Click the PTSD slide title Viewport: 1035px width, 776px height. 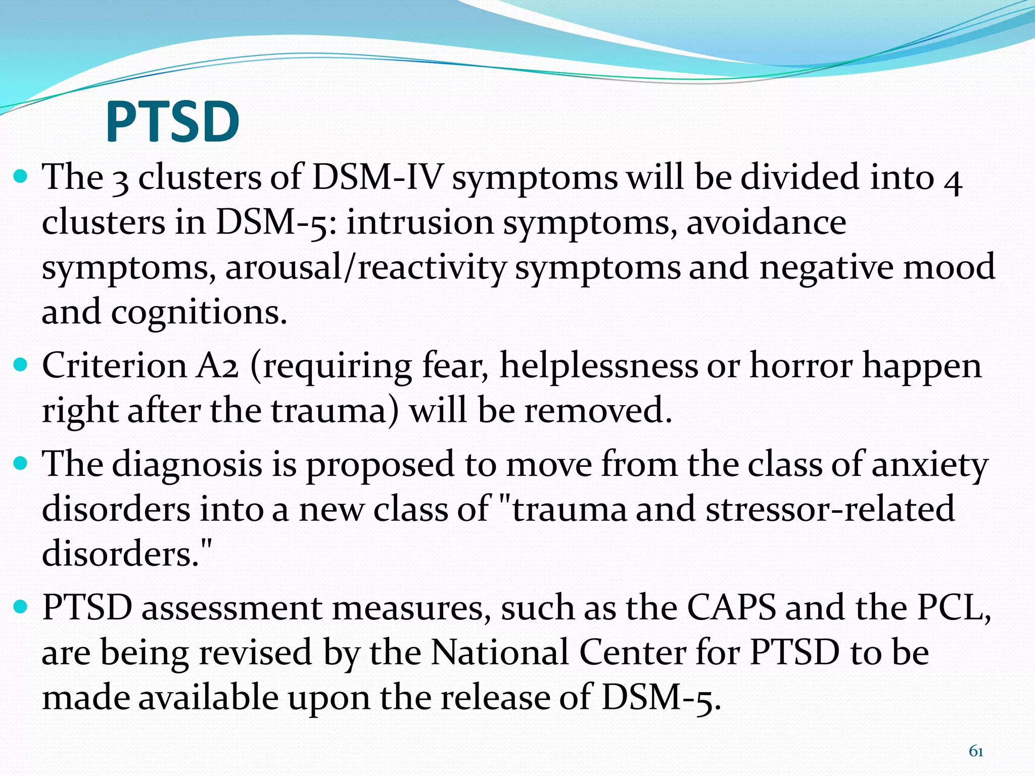[x=172, y=122]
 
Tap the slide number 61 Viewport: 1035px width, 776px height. [x=975, y=751]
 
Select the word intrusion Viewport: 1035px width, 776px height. [x=419, y=222]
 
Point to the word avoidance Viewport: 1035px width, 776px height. [x=766, y=222]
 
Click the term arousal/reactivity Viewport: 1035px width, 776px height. [x=365, y=267]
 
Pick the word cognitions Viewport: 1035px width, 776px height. [x=199, y=313]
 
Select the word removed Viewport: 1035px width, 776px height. [x=598, y=410]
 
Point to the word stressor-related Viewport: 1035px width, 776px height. [x=830, y=509]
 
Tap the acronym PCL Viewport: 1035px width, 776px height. [x=954, y=608]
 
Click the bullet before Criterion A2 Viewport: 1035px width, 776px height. [x=21, y=364]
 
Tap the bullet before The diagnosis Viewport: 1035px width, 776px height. [x=21, y=463]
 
